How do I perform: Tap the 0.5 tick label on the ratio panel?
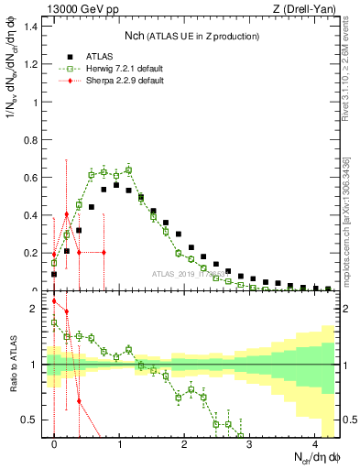click(x=32, y=420)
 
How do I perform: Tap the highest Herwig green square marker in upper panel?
click(x=128, y=169)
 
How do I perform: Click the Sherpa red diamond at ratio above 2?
click(x=54, y=301)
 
